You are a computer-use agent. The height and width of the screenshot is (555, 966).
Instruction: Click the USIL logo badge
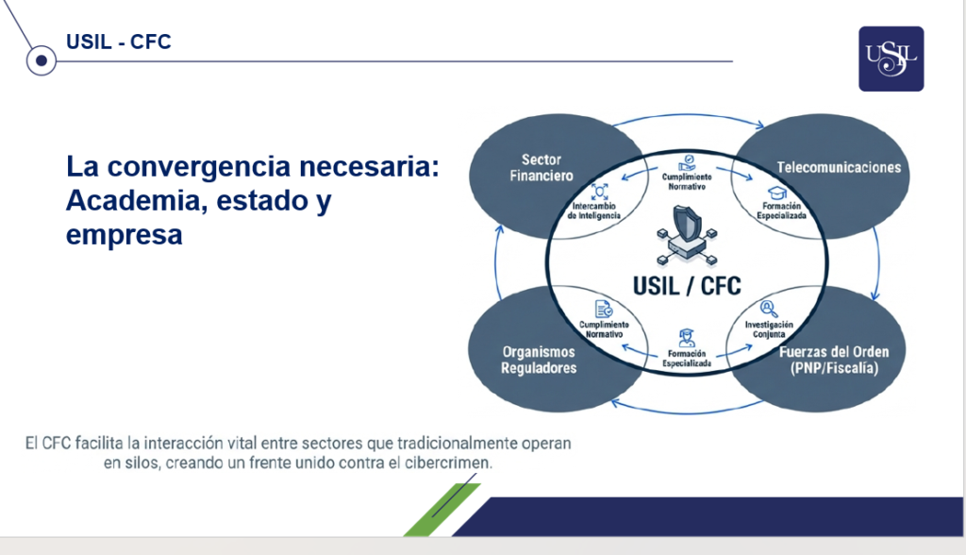point(891,59)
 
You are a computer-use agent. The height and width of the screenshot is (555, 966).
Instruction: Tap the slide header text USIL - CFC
point(118,42)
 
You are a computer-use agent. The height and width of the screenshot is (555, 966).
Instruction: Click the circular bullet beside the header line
point(42,60)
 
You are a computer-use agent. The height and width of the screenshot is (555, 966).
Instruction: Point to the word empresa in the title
point(124,235)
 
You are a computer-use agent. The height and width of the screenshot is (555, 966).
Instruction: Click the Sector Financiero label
point(541,168)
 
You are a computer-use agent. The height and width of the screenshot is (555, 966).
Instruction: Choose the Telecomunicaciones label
point(839,167)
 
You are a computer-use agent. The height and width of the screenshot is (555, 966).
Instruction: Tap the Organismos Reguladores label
point(539,361)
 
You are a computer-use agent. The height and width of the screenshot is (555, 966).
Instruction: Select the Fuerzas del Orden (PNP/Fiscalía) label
point(834,361)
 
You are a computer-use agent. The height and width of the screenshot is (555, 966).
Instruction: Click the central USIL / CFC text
point(687,286)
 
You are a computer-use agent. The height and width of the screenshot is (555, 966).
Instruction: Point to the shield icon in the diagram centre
point(687,224)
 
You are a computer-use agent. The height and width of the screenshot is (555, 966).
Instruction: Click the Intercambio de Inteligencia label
point(594,210)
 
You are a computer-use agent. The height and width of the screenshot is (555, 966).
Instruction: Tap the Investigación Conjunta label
point(769,329)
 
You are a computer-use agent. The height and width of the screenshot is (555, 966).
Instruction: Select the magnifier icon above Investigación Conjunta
point(769,309)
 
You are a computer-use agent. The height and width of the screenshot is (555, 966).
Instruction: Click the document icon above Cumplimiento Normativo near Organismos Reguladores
point(604,309)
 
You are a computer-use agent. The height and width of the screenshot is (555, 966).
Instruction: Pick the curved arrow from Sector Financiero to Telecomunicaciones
point(688,115)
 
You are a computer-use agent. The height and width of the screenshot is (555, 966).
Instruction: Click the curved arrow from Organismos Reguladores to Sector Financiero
point(496,262)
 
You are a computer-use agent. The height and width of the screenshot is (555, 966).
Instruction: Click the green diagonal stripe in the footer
point(442,510)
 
